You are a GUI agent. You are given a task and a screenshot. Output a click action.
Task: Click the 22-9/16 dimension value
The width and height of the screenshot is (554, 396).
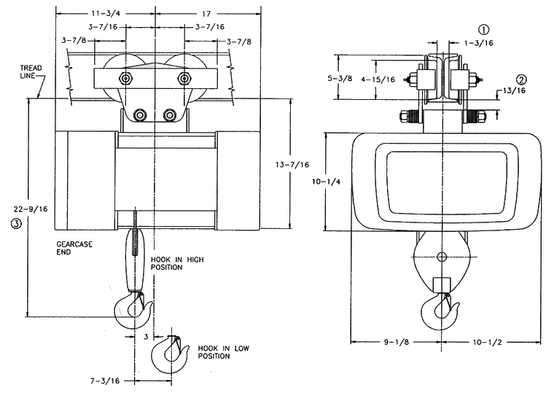click(31, 209)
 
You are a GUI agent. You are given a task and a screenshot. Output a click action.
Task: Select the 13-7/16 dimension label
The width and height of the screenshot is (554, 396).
click(292, 164)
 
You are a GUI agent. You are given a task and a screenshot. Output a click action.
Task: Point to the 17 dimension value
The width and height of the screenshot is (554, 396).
click(206, 14)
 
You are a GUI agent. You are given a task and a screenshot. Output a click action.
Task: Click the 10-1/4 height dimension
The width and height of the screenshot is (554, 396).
click(326, 182)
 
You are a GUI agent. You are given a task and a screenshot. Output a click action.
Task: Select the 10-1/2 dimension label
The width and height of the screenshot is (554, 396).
click(488, 342)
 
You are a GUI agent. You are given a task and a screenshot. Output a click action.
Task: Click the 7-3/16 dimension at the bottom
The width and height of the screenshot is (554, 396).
click(105, 381)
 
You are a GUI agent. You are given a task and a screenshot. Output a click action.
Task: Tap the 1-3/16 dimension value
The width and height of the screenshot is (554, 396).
click(478, 43)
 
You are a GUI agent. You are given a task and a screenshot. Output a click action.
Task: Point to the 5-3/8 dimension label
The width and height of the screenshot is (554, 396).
click(340, 78)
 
